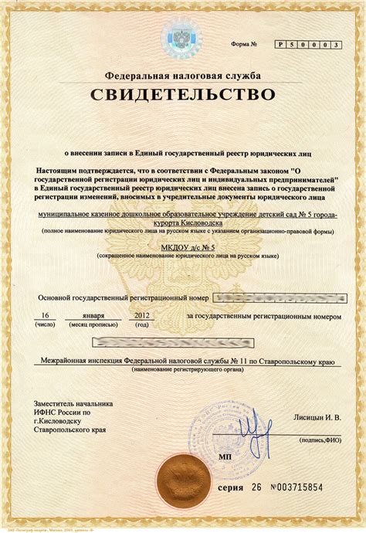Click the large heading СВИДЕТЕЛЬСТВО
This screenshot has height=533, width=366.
(x=184, y=96)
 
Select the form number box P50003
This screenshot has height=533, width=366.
(x=307, y=46)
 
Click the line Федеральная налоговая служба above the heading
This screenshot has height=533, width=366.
(x=183, y=76)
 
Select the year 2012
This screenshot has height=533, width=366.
(x=143, y=315)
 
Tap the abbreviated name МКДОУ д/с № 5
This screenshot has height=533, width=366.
(x=183, y=246)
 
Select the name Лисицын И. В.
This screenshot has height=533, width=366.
(x=317, y=417)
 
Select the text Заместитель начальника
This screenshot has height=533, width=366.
(x=73, y=403)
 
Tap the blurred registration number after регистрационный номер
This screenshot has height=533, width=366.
(x=279, y=297)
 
